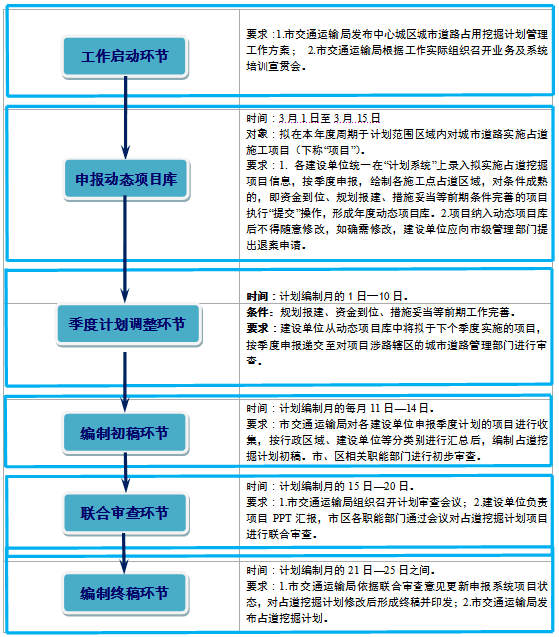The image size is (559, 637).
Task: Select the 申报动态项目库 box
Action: coord(125,179)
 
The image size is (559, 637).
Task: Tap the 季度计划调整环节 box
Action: coord(125,324)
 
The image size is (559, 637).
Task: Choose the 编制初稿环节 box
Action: coord(125,433)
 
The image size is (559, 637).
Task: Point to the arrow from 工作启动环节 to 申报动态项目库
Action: coord(125,120)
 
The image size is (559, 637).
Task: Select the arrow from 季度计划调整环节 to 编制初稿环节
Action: coord(125,378)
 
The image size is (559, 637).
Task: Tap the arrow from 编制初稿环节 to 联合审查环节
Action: coord(125,474)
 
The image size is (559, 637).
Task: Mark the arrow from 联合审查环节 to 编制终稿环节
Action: coord(125,555)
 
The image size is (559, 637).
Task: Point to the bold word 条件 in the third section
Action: coord(258,312)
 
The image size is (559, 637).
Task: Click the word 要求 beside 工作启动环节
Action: coord(258,34)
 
